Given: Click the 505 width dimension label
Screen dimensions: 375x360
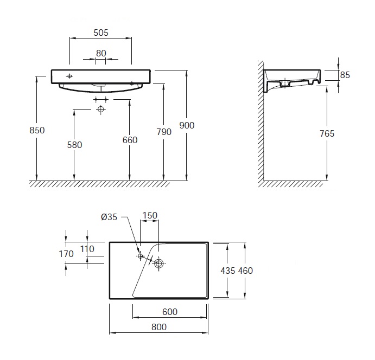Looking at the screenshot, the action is [101, 33].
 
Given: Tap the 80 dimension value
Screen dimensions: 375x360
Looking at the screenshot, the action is [101, 53].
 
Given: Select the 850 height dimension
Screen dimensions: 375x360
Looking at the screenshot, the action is [37, 130].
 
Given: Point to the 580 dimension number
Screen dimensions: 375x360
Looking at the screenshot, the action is [74, 145].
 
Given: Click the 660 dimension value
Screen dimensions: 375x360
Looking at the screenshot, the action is [130, 140].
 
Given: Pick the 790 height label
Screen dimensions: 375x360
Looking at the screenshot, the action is [164, 132].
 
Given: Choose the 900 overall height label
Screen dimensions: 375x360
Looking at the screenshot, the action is [187, 125].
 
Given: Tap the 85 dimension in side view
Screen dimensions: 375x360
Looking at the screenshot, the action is [345, 75].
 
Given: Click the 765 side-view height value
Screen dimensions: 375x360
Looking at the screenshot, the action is [327, 133].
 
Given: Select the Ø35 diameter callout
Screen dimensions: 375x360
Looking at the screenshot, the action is [109, 217].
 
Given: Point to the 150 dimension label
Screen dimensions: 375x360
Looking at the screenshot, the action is [150, 215].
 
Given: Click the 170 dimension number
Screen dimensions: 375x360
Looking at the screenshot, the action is [66, 254].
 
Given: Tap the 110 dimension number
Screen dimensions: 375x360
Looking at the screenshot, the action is [87, 249].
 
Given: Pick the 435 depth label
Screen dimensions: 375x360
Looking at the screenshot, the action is [228, 271].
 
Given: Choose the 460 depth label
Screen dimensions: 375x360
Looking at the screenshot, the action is [245, 271].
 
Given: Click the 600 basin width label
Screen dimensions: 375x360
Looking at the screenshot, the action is [170, 312].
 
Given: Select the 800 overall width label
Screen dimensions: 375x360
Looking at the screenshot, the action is [159, 327].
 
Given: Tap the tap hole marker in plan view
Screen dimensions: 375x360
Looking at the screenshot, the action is [141, 256].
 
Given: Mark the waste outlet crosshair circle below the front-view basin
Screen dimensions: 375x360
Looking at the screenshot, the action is [101, 109].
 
